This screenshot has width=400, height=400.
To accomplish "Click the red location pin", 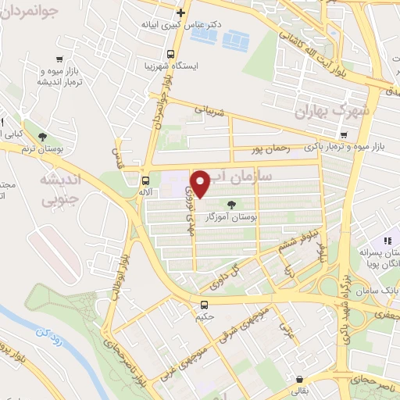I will tap(201, 184).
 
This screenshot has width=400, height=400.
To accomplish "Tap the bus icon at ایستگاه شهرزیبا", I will tap(170, 54).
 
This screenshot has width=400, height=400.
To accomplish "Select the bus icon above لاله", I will tap(143, 180).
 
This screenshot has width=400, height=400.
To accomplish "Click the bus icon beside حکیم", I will tap(205, 305).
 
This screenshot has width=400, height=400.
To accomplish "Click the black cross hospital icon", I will tap(181, 12).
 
